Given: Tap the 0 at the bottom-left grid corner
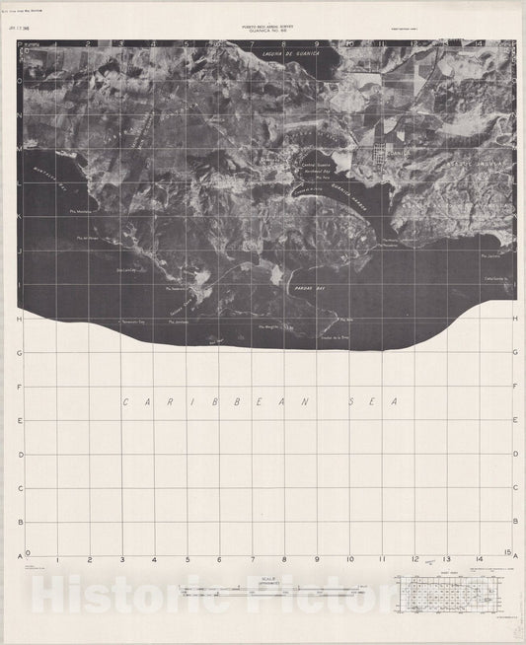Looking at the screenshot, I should point(27,554).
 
